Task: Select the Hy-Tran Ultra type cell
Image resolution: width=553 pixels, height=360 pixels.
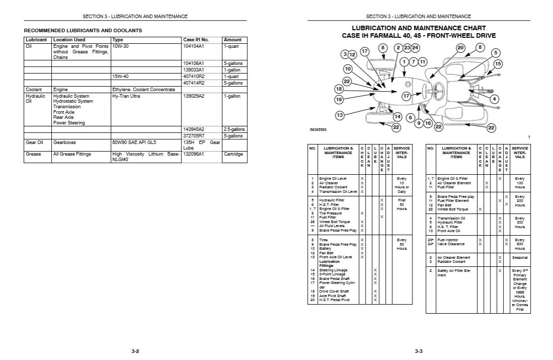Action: (x=126, y=96)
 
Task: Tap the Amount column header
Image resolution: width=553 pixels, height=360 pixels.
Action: (x=233, y=39)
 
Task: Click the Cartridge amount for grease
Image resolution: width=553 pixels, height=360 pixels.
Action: (x=233, y=154)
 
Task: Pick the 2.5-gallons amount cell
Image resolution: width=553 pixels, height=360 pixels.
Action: (x=235, y=129)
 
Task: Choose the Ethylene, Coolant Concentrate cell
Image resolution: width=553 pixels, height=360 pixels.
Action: (x=144, y=90)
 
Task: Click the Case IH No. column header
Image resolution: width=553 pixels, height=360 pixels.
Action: (x=196, y=39)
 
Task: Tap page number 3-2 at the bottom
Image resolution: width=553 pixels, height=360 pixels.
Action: (x=134, y=351)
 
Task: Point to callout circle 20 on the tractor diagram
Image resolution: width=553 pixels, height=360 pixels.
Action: (x=460, y=48)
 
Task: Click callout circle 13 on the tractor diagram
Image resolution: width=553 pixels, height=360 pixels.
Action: (x=339, y=115)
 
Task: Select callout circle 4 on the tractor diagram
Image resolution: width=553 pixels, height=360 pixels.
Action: (x=495, y=99)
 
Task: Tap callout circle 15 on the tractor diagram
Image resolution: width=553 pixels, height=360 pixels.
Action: (x=498, y=64)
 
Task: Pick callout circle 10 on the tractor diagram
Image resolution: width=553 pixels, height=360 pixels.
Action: (x=348, y=68)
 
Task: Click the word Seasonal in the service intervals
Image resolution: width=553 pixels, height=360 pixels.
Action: (x=520, y=257)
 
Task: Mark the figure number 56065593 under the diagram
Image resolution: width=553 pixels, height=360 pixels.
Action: (x=318, y=130)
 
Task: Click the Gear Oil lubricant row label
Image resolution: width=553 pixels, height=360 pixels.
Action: (x=34, y=142)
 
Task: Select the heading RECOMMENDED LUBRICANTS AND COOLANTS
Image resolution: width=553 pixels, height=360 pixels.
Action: (x=83, y=31)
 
